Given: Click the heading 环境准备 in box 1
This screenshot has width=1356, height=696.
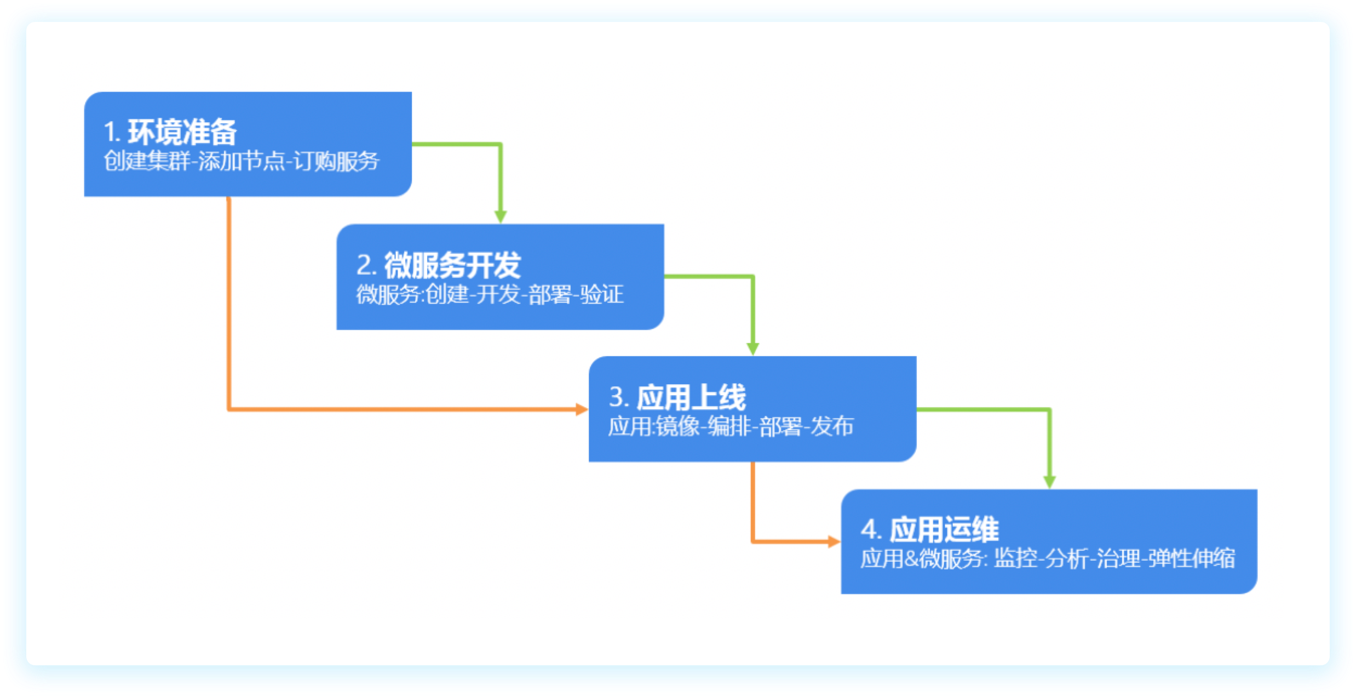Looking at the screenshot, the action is pos(182,132).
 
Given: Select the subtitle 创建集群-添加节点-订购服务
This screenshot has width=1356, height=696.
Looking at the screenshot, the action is pos(242,161).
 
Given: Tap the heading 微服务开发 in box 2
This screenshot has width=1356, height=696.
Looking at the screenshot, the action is pos(452,265).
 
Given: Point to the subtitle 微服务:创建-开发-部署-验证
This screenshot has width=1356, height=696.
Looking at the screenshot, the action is pos(490,294).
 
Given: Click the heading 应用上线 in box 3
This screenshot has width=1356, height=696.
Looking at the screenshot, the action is pos(691,397).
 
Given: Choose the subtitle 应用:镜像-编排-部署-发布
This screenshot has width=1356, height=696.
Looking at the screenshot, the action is pos(731,426).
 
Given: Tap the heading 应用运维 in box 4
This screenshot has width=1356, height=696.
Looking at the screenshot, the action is pos(944,530).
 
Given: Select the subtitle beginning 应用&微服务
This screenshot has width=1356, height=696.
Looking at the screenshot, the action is pos(1048,559).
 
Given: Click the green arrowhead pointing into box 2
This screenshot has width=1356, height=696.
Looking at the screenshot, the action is pos(501,216).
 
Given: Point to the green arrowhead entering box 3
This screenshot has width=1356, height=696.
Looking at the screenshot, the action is pos(753,349).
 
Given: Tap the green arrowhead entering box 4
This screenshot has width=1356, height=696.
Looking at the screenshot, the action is pos(1050,482).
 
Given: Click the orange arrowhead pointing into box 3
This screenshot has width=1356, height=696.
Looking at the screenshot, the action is pos(582,409).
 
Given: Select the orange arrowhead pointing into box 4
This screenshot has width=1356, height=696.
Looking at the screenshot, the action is pos(834,542).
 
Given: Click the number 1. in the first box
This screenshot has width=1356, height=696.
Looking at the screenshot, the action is pos(112,132).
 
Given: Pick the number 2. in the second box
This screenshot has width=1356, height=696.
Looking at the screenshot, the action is pos(366,265).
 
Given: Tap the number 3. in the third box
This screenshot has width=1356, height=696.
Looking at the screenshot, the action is pos(619,397).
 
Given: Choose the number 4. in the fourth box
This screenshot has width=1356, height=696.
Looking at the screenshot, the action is pos(871,530).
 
